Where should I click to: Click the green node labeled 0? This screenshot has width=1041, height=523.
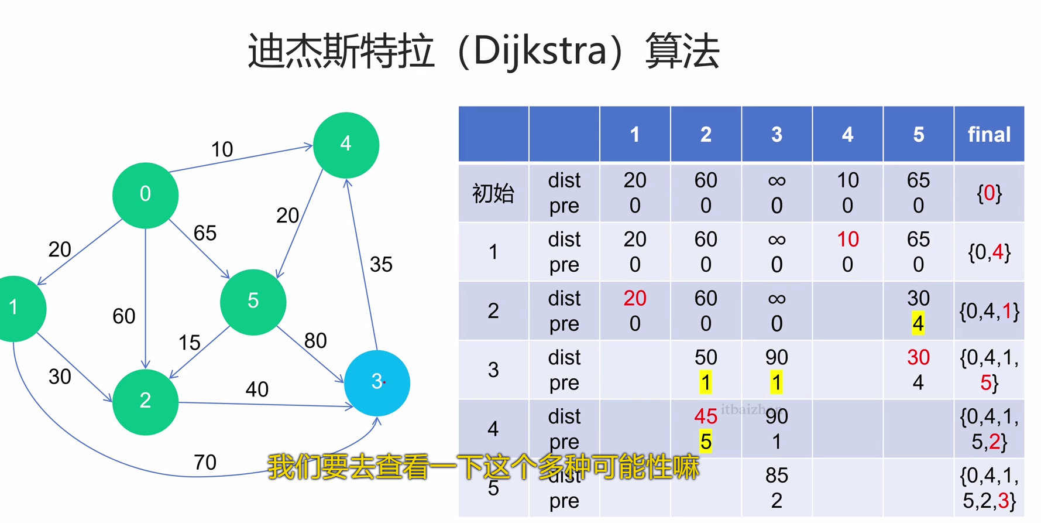click(145, 195)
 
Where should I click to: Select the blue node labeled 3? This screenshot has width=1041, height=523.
click(377, 382)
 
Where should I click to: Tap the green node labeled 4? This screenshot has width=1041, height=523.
click(346, 145)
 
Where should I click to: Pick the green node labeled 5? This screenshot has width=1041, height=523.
click(253, 302)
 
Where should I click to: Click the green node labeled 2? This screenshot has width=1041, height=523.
click(145, 402)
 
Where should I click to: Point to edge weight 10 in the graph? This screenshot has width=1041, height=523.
click(222, 149)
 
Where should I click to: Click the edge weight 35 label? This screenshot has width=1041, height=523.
click(381, 265)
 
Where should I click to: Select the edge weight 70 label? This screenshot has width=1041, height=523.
click(205, 463)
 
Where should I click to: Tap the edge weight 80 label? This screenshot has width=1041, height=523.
click(315, 341)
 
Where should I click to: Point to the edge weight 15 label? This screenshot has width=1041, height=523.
click(189, 343)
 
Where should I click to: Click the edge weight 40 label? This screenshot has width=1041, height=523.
click(257, 389)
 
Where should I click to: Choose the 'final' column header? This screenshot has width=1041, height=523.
click(989, 135)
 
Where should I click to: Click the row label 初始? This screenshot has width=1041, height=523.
click(493, 193)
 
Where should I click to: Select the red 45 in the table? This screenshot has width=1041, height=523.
click(706, 416)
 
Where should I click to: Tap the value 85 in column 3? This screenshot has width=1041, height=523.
click(777, 476)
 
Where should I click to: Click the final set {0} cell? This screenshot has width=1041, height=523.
click(989, 193)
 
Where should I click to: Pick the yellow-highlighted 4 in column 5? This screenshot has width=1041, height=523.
click(918, 324)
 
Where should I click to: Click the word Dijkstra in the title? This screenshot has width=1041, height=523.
click(540, 51)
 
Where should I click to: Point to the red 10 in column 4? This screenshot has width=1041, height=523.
click(847, 240)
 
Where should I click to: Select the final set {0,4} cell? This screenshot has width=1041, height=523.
click(989, 252)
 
